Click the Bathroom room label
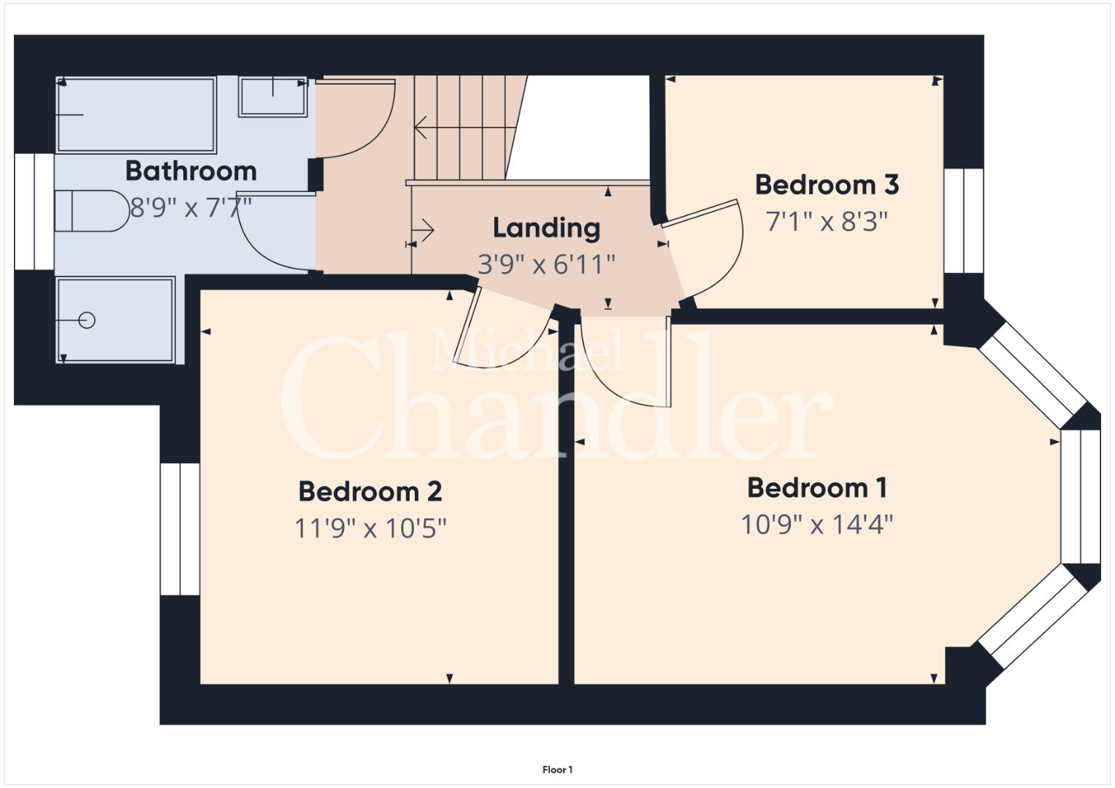191,171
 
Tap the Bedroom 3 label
827,185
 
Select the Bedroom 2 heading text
370,492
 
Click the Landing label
547,228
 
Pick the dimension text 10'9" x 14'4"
817,525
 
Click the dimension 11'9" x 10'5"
370,528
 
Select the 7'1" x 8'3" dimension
827,222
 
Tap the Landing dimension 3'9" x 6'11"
547,265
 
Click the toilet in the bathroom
92,211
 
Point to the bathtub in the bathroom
136,115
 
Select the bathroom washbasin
273,96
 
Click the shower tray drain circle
87,320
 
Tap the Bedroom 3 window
964,221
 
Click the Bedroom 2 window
180,529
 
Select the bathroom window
34,212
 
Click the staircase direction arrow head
420,128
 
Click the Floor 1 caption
558,770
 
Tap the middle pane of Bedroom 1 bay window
1080,496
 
